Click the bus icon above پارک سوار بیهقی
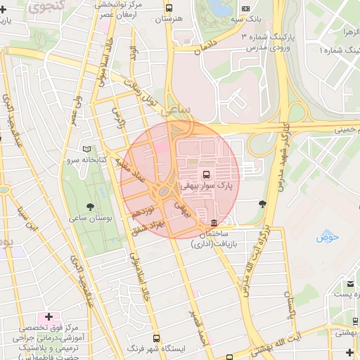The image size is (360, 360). [x=206, y=174]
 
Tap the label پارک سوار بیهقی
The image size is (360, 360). [x=206, y=186]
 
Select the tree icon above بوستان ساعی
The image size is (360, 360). [x=90, y=206]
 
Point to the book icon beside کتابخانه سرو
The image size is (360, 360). [x=87, y=149]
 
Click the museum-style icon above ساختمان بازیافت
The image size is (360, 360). [x=214, y=223]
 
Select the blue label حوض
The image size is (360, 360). [x=328, y=237]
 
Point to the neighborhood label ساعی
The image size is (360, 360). [x=175, y=111]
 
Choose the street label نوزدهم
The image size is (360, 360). [x=143, y=211]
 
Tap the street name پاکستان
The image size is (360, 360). [x=290, y=302]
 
